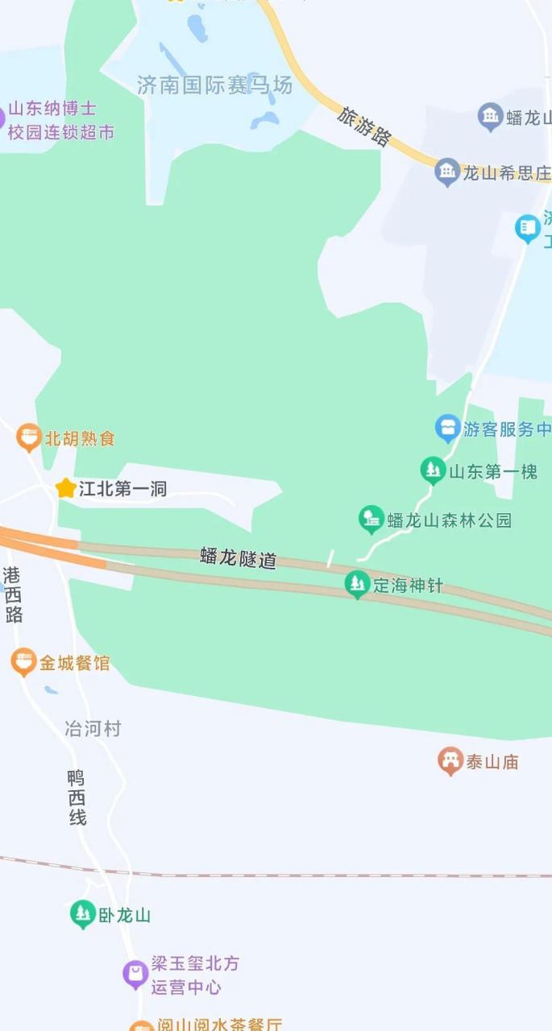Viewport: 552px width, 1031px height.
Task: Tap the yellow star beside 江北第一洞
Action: [x=65, y=488]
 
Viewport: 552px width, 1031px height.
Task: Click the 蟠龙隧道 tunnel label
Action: [x=238, y=557]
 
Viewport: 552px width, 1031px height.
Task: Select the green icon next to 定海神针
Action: [x=356, y=584]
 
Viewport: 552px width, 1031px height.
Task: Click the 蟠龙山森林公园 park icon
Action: [x=371, y=520]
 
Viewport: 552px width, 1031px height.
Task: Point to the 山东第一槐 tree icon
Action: [x=434, y=470]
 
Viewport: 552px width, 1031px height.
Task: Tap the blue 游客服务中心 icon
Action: [x=447, y=429]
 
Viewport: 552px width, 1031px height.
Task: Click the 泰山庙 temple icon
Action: [x=450, y=760]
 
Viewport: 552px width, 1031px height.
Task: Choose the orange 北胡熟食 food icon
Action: [x=29, y=438]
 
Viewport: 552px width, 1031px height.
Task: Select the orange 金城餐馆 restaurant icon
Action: [x=24, y=663]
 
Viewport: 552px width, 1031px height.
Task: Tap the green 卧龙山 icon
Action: [x=82, y=914]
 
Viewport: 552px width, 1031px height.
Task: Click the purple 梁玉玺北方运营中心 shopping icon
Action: [x=135, y=974]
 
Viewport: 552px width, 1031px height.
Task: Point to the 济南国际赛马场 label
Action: [x=214, y=86]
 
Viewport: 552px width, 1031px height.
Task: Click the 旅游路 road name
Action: [x=364, y=127]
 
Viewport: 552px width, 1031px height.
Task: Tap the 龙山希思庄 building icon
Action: [x=447, y=172]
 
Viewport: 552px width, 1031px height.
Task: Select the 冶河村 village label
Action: [x=93, y=729]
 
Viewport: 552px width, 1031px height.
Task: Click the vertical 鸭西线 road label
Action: [x=77, y=797]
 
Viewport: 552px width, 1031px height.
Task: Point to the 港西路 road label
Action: [x=13, y=594]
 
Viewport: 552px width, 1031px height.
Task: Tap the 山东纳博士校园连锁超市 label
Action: [x=61, y=121]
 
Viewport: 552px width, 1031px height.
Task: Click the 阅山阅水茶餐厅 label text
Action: [x=218, y=1025]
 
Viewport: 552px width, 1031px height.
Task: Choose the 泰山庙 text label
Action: [x=492, y=761]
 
